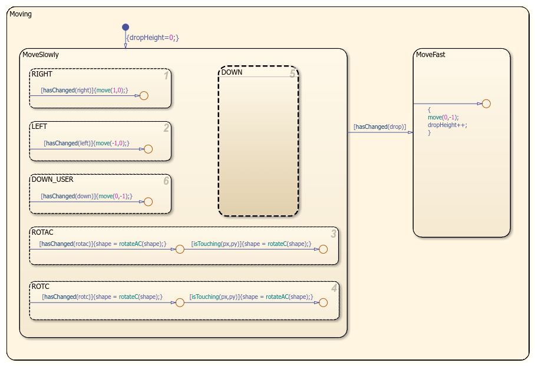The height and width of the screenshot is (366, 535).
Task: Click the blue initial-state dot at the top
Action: [x=125, y=27]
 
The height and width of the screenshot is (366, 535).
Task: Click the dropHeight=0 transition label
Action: [x=153, y=38]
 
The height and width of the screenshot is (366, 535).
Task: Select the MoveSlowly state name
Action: [x=40, y=55]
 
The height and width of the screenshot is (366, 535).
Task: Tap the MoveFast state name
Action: [x=431, y=55]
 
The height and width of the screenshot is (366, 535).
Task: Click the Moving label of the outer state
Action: [x=21, y=14]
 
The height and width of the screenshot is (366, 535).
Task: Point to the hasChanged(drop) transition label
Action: [x=379, y=127]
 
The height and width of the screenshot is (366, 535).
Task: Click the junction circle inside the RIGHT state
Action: [x=144, y=95]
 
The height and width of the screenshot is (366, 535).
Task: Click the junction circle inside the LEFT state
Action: [x=148, y=149]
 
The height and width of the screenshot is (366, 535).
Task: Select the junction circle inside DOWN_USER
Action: [x=148, y=202]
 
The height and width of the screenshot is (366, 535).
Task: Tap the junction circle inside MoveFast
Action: [x=486, y=104]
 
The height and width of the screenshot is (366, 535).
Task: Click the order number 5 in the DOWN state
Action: [x=292, y=74]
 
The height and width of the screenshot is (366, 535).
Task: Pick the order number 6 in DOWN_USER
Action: [x=166, y=181]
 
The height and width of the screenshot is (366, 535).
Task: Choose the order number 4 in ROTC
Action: [x=334, y=288]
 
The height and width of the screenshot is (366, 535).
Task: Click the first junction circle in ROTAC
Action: [x=180, y=249]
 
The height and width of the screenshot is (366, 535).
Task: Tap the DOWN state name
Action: [x=232, y=72]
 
